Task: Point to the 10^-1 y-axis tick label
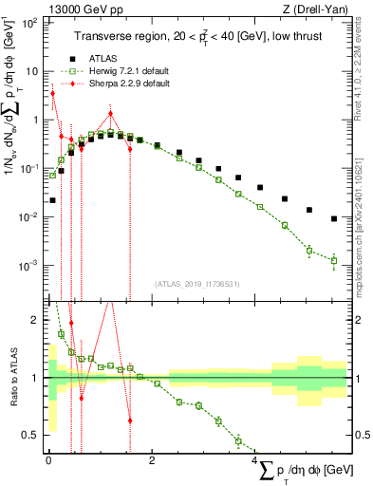point(28,168)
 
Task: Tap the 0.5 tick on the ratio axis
point(31,435)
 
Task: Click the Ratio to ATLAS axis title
point(11,380)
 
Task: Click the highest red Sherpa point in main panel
point(53,93)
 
